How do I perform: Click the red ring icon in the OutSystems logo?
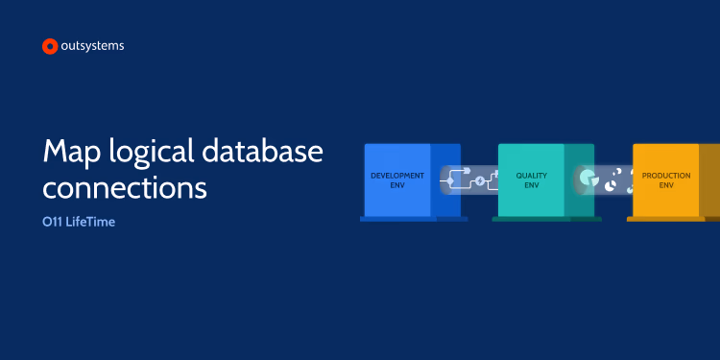click(x=50, y=46)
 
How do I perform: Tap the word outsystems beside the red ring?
click(x=92, y=45)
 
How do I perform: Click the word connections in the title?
click(x=125, y=186)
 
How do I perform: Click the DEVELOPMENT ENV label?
click(x=396, y=180)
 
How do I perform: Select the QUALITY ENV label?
click(x=531, y=180)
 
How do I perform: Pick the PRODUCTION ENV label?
click(x=665, y=180)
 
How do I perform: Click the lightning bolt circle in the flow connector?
click(x=480, y=180)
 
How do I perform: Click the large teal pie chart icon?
click(x=588, y=179)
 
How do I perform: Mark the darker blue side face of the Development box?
click(x=445, y=158)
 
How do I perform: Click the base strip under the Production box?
click(x=672, y=219)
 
